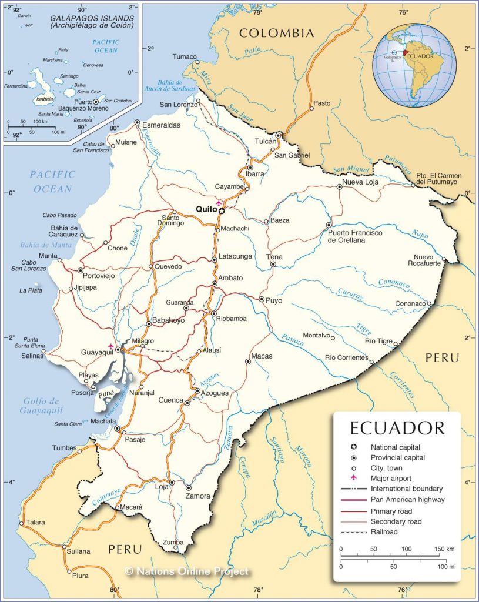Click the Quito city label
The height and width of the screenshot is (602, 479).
pyautogui.click(x=206, y=209)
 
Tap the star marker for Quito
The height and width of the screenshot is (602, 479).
pyautogui.click(x=222, y=210)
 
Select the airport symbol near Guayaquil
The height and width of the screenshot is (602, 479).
pyautogui.click(x=110, y=346)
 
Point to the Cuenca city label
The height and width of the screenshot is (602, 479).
pyautogui.click(x=171, y=400)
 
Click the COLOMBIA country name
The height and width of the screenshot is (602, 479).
pyautogui.click(x=276, y=33)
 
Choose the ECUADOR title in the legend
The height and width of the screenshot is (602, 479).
pyautogui.click(x=397, y=427)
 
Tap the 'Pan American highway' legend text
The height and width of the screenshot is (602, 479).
pyautogui.click(x=407, y=500)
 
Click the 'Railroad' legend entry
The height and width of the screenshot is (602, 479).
pyautogui.click(x=384, y=532)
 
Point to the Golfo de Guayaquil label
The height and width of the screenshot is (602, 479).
pyautogui.click(x=43, y=406)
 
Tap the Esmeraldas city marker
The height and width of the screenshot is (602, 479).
pyautogui.click(x=137, y=123)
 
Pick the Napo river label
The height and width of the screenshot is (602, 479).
pyautogui.click(x=420, y=234)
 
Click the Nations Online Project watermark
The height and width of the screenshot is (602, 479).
pyautogui.click(x=187, y=571)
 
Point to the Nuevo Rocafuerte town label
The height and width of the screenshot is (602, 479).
pyautogui.click(x=427, y=260)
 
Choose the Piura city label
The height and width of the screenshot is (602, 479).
pyautogui.click(x=80, y=576)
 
